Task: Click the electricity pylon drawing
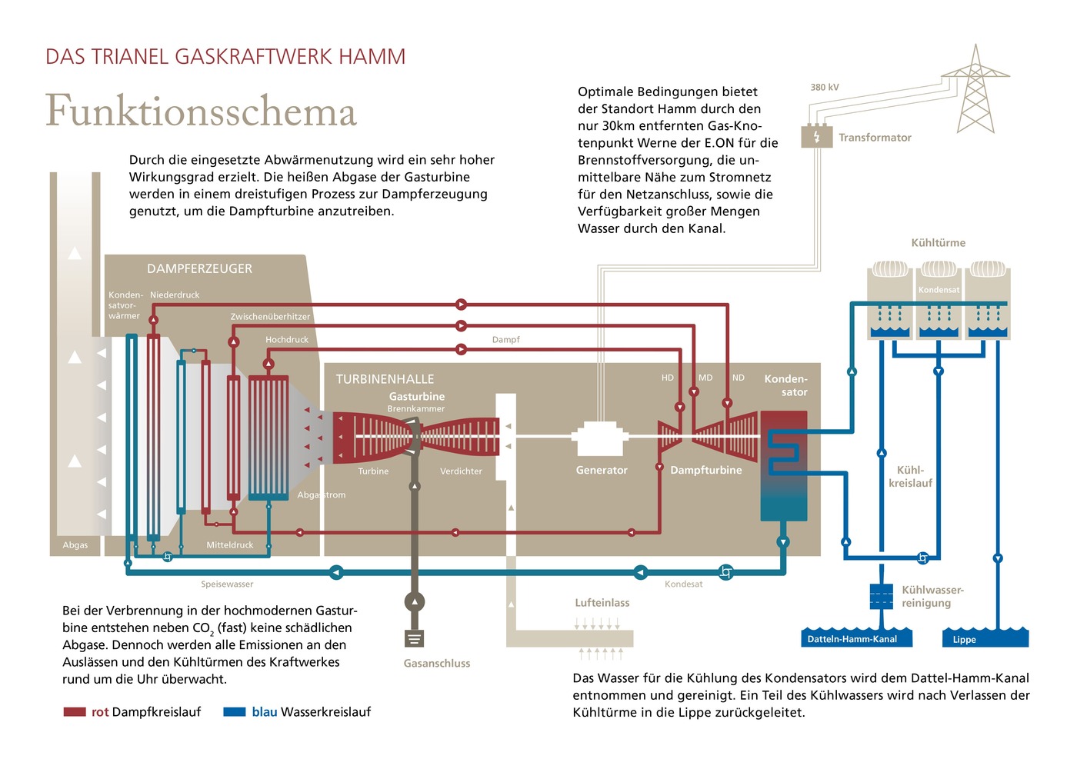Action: pos(975,91)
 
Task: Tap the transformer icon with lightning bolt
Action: pos(816,137)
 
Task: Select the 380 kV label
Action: pos(824,87)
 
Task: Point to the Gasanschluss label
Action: pos(436,663)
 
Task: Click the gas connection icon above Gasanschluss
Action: pos(414,638)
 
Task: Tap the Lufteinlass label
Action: pos(602,603)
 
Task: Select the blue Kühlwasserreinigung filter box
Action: pos(881,596)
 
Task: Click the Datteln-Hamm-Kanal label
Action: pos(852,639)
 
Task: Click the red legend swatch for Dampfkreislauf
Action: pos(74,712)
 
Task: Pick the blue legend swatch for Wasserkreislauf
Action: pos(234,712)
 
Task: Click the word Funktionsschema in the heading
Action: pos(201,112)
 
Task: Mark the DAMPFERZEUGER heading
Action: pos(199,268)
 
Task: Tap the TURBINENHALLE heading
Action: pos(385,379)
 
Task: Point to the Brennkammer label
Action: pos(415,408)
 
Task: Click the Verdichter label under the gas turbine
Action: pos(461,471)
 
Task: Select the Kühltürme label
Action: pos(938,242)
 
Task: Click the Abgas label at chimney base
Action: pos(75,545)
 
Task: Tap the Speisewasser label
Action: pos(227,584)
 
